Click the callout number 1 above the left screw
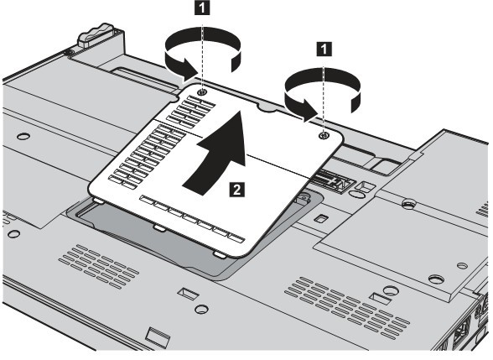click(x=203, y=8)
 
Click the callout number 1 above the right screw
click(x=324, y=49)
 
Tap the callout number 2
click(x=236, y=190)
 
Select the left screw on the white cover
click(x=202, y=91)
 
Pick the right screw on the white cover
click(x=324, y=136)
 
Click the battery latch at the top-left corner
click(x=95, y=34)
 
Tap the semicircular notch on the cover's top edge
click(x=267, y=107)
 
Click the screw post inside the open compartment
click(x=302, y=198)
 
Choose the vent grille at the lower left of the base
click(x=98, y=266)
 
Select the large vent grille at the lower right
click(x=347, y=305)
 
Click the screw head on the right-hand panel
click(x=407, y=203)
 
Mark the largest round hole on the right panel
click(x=437, y=279)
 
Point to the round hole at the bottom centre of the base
click(x=201, y=309)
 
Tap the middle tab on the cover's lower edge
click(x=159, y=228)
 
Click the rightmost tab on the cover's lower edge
click(x=220, y=254)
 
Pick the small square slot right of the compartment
click(x=321, y=218)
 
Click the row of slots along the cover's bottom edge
click(x=192, y=219)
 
